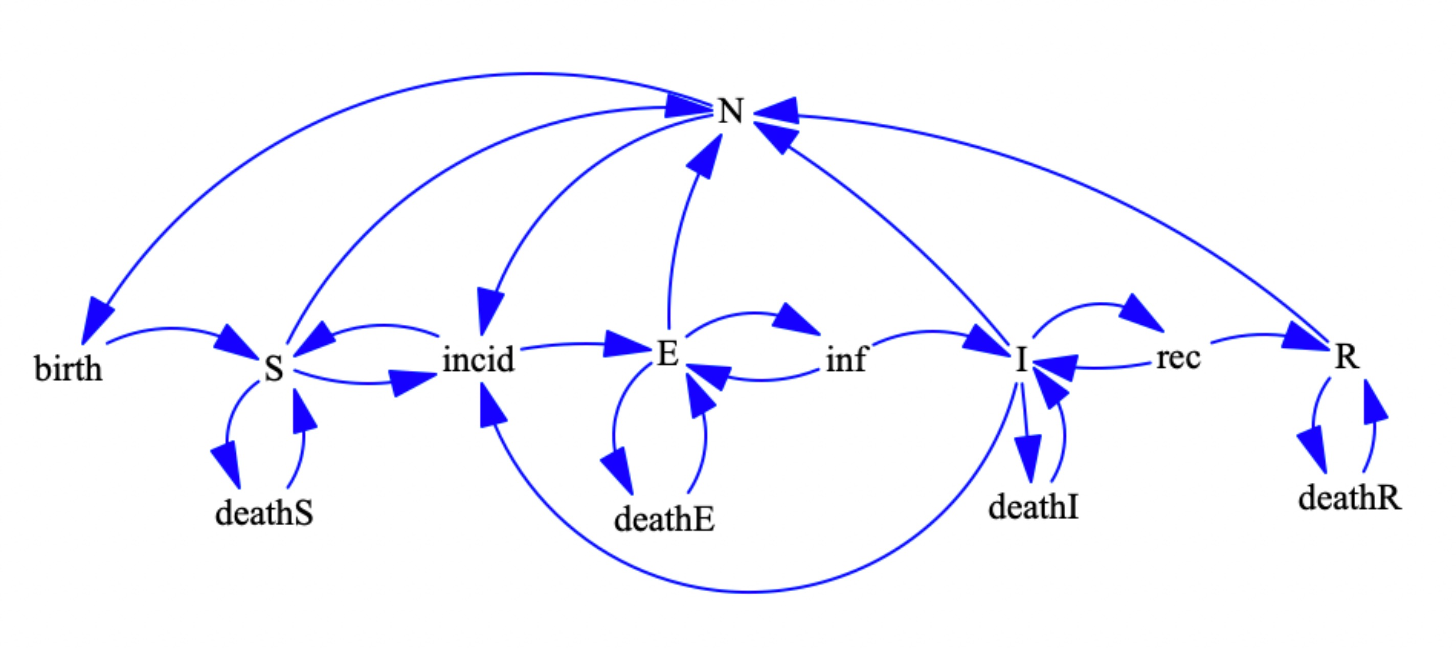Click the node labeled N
coord(730,111)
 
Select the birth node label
coord(69,369)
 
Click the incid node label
coord(478,359)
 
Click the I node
coord(1021,360)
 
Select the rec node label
coord(1178,358)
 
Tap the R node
coord(1347,356)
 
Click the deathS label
coord(264,513)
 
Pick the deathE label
coord(664,519)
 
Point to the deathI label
coord(1033,506)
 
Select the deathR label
coord(1350,498)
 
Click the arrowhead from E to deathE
coord(618,471)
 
